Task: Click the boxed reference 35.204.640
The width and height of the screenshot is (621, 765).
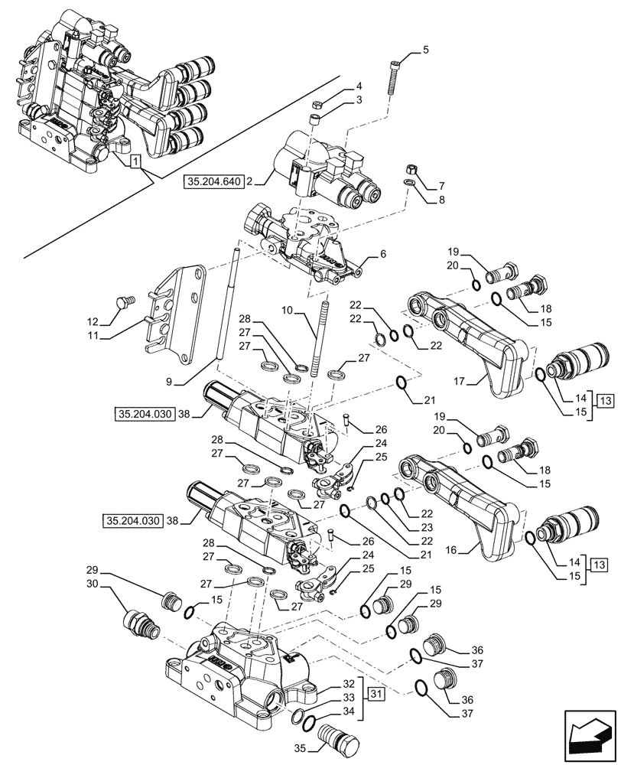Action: click(x=213, y=182)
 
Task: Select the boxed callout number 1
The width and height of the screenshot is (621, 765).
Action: click(x=134, y=161)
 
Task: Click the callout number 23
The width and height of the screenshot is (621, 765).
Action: click(x=427, y=526)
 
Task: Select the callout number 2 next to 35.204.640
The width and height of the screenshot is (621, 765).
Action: click(x=251, y=182)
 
